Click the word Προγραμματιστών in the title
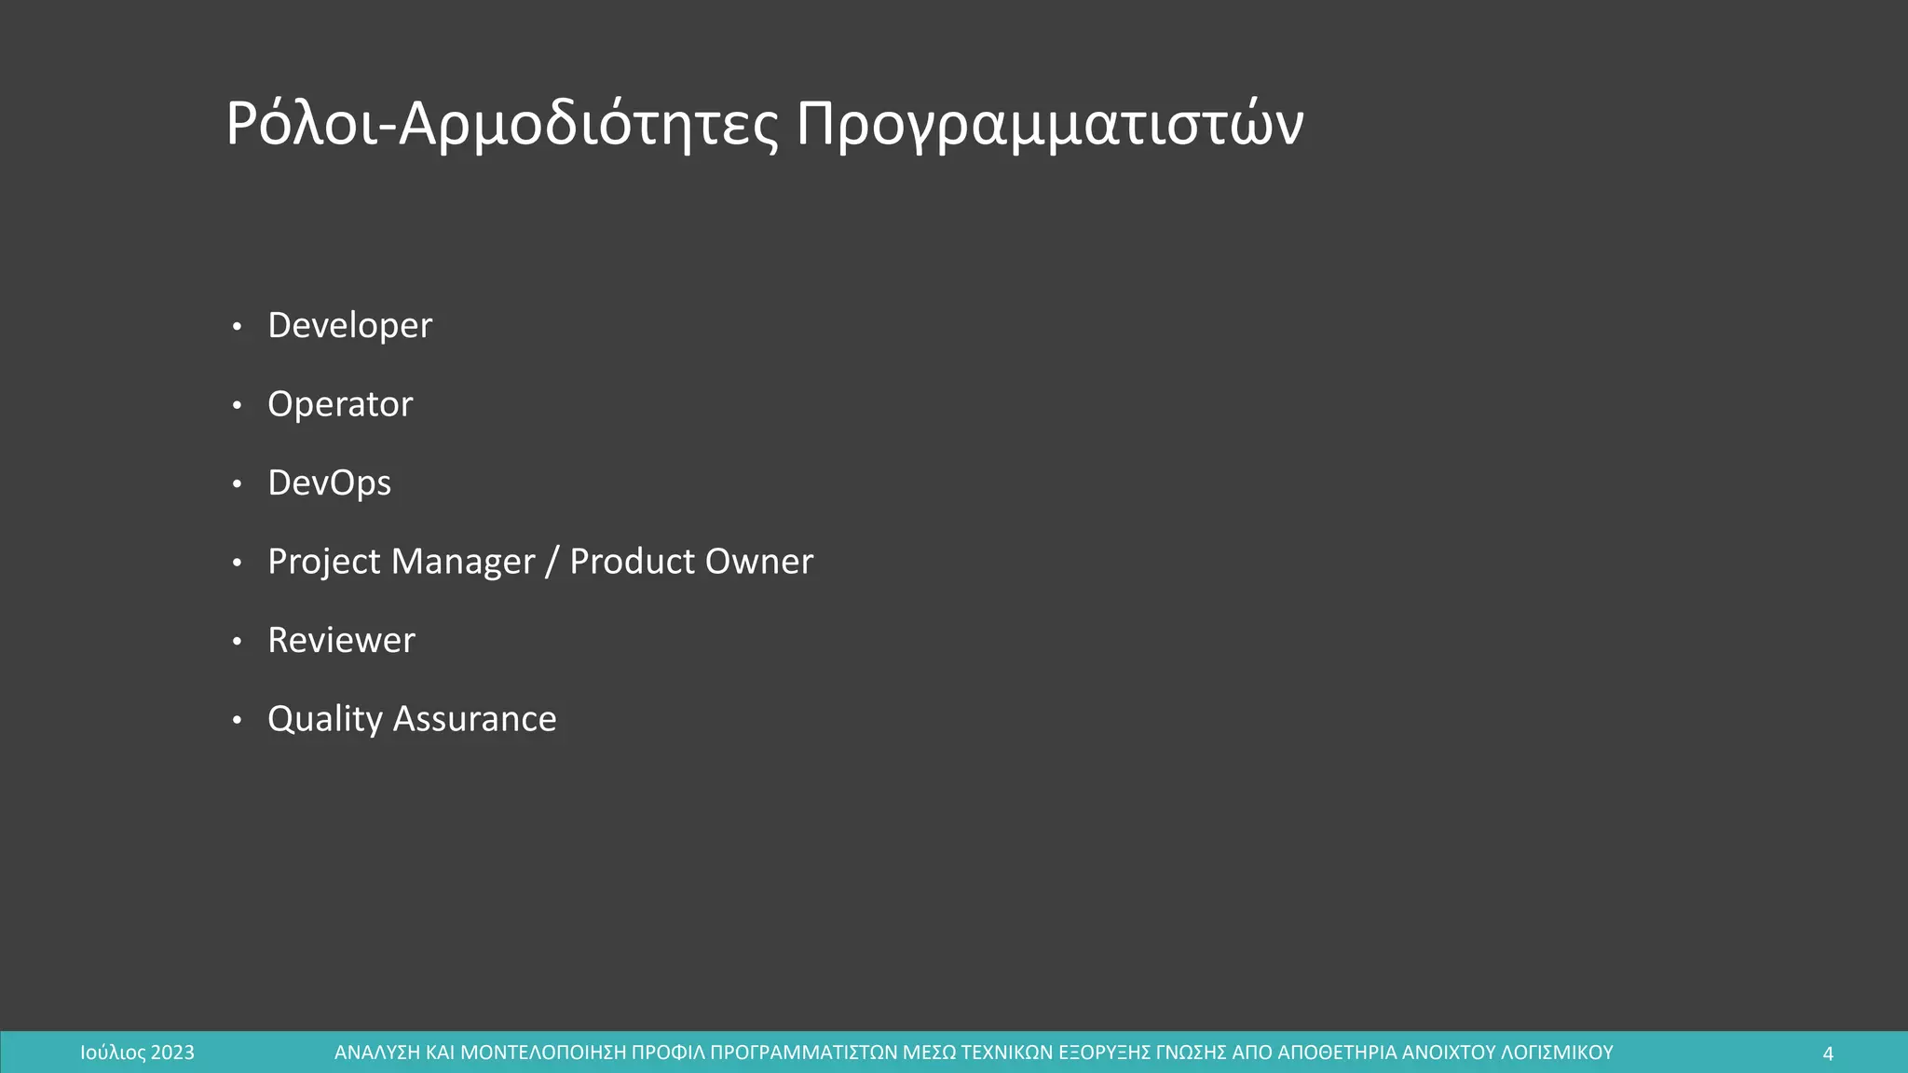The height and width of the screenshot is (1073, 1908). [1049, 124]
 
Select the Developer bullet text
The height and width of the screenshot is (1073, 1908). [349, 326]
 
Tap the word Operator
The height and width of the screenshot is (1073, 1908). [340, 404]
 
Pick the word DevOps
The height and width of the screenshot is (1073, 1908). [329, 483]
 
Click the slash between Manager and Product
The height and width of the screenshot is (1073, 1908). [552, 562]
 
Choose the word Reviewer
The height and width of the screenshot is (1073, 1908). [341, 641]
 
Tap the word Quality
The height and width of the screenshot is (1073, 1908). [324, 719]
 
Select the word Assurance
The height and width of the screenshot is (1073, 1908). [474, 719]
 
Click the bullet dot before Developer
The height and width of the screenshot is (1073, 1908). [237, 327]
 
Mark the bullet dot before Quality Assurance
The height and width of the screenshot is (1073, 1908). [237, 720]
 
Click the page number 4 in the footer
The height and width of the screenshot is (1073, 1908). [1827, 1053]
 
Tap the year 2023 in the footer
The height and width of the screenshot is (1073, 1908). [172, 1053]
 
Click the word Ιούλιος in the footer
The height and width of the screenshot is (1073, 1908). [113, 1053]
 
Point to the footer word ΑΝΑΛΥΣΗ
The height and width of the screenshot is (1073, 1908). [376, 1053]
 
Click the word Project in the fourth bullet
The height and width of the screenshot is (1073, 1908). [323, 562]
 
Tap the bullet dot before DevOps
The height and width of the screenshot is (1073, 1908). [237, 484]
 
